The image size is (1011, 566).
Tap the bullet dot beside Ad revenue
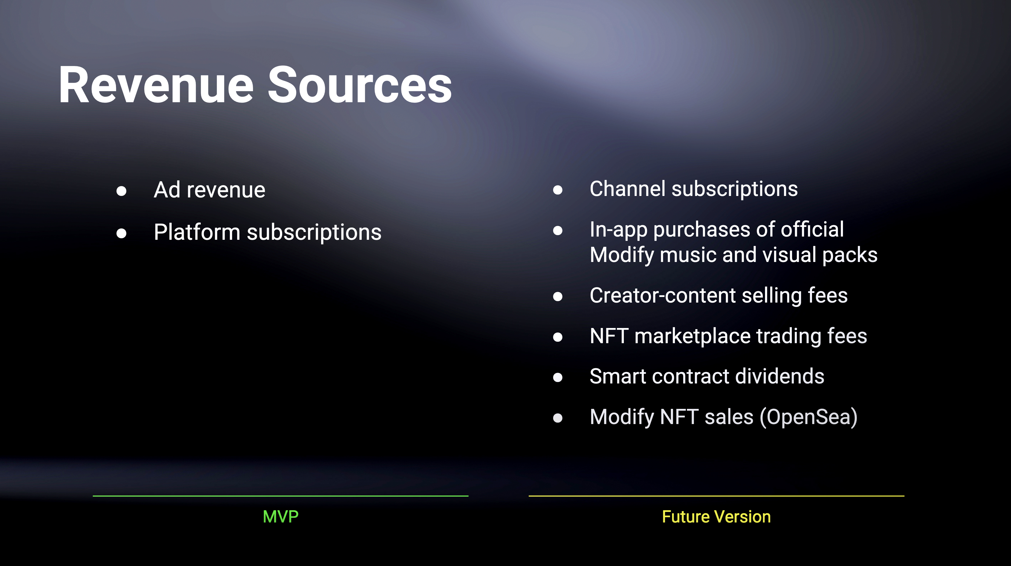coord(121,191)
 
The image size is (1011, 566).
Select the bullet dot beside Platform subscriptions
coord(121,233)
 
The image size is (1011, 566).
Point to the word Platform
coord(197,232)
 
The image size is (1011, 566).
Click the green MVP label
coord(281,517)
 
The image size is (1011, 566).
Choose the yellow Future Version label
coord(716,517)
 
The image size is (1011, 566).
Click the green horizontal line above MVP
coord(281,496)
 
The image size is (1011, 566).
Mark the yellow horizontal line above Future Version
coord(716,496)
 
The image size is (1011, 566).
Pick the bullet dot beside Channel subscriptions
coord(558,190)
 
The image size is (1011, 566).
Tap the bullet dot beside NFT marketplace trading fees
coord(558,337)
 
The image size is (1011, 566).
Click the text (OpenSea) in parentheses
coord(809,417)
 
